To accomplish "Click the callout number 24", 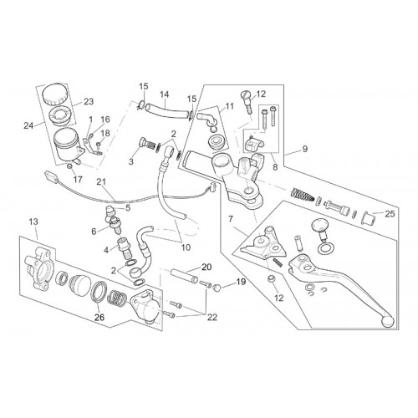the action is tap(28, 126).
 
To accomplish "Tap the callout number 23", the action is tap(89, 102).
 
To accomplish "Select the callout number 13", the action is tap(33, 222).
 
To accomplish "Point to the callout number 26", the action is tap(99, 317).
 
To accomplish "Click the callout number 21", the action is tap(101, 182).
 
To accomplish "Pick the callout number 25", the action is tap(390, 214).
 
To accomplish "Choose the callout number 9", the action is tap(305, 149).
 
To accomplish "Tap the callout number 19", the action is tap(242, 282).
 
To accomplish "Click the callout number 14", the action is tap(165, 94).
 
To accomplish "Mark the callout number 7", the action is tap(231, 219).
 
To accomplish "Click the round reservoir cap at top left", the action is tap(55, 94).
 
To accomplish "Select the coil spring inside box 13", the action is tap(115, 298).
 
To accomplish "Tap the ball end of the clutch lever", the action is tap(388, 321).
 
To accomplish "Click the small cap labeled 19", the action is tap(217, 288).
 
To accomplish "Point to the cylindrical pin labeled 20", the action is tap(183, 275).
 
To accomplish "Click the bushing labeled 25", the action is tap(369, 217).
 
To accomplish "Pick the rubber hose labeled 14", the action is tap(167, 110).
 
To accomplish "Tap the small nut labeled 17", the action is tap(70, 166).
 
